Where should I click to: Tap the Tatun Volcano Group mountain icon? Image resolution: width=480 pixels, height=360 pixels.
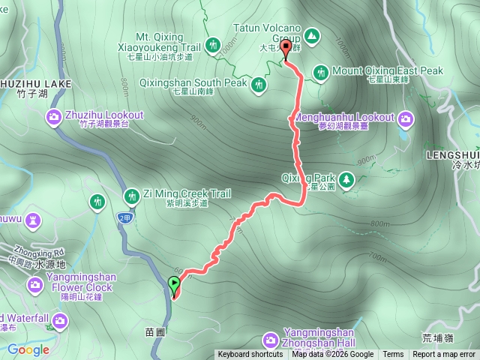coord(310,36)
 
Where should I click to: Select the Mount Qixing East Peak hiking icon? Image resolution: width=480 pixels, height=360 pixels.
coord(321,72)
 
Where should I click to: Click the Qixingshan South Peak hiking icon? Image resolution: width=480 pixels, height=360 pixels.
coord(259,84)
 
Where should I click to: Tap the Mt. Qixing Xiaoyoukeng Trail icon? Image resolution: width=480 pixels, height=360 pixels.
coord(213,45)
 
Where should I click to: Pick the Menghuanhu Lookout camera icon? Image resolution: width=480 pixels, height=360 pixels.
coord(406,118)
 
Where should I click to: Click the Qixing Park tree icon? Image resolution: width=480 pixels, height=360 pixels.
coord(346,179)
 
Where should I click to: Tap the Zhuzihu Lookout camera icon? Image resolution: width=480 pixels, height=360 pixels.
coord(53,115)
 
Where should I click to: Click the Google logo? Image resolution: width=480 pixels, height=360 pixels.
coord(28,349)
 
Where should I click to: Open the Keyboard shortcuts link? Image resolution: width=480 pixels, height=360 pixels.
coord(250,355)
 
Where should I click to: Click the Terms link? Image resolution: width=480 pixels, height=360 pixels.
coord(392,355)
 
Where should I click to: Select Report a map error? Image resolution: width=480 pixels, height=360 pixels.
coord(444,355)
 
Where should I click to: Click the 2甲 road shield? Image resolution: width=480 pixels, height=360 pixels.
coord(124,217)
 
